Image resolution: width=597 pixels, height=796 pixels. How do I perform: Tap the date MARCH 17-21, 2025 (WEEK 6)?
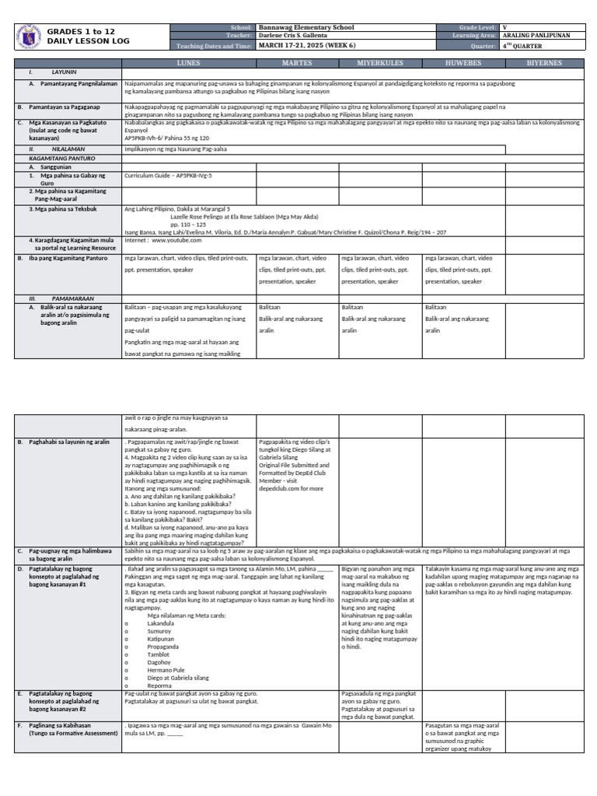[x=309, y=45]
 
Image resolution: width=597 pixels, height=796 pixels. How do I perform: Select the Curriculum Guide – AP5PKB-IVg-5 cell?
[x=168, y=176]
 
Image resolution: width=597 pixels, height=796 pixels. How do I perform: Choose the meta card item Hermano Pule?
[x=165, y=669]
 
